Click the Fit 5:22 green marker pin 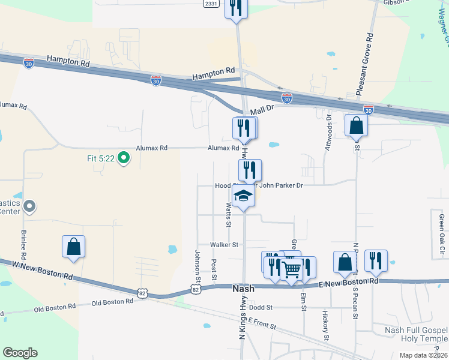124,158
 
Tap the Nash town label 243,289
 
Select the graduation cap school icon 243,196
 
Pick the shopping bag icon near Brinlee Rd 73,246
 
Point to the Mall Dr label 262,110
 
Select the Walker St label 224,245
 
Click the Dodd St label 261,307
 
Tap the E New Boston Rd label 349,281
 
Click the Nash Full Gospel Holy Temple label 411,334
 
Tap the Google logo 20,353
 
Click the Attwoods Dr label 328,133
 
